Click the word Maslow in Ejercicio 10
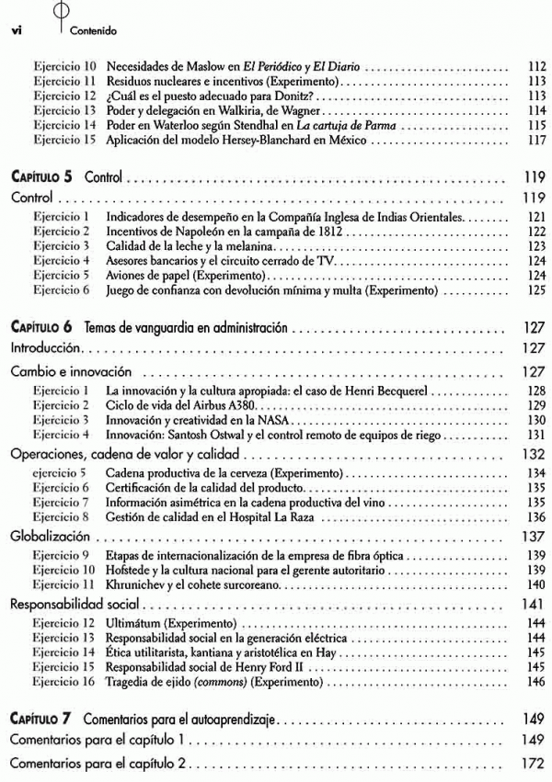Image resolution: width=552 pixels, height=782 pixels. pyautogui.click(x=206, y=67)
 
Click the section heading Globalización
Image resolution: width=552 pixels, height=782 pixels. pyautogui.click(x=50, y=535)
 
